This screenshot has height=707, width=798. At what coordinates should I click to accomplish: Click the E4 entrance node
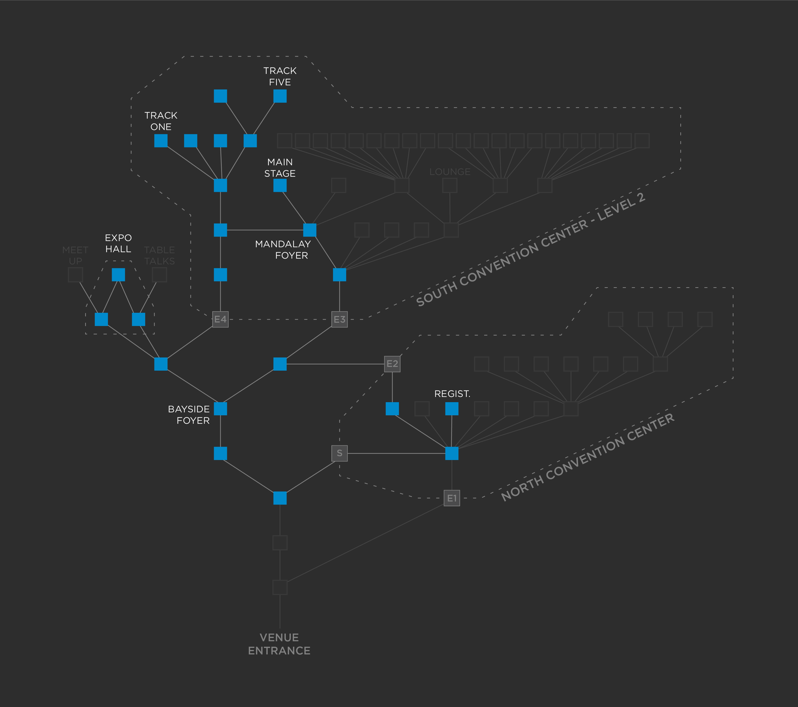[220, 319]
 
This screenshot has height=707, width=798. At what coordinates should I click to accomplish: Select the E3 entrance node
[339, 319]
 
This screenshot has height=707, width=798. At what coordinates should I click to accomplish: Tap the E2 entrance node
[392, 364]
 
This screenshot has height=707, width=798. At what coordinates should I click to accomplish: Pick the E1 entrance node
[452, 498]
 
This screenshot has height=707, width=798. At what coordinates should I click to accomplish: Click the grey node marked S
[339, 453]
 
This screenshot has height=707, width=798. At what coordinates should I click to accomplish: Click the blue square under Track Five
[280, 96]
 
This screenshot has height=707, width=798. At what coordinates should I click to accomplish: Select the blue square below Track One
[161, 140]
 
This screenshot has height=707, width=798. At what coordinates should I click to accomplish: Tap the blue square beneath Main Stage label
[280, 185]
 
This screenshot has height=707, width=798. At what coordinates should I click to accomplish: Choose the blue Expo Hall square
[118, 275]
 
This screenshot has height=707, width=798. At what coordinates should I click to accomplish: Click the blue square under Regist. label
[452, 409]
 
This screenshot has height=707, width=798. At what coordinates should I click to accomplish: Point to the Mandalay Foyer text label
[283, 250]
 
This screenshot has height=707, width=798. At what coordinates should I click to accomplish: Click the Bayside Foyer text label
[189, 415]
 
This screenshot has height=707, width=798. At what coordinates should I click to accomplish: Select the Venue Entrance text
[279, 644]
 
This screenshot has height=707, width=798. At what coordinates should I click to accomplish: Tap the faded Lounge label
[450, 172]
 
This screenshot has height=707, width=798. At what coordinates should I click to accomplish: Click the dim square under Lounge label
[450, 185]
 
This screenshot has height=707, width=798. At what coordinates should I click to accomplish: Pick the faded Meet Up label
[75, 255]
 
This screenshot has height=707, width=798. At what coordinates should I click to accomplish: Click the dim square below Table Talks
[159, 275]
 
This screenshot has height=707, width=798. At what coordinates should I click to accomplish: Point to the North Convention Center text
[587, 457]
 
